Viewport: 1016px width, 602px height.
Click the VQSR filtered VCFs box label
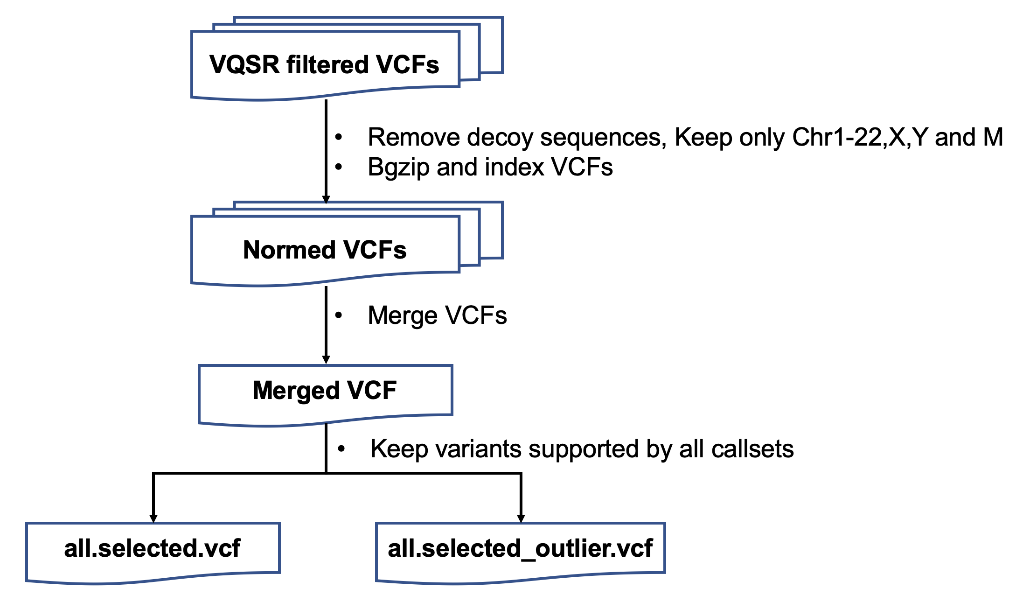click(324, 64)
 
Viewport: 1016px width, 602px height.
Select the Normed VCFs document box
click(325, 250)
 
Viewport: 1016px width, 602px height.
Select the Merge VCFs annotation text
click(437, 315)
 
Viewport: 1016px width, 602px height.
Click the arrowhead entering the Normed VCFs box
click(326, 200)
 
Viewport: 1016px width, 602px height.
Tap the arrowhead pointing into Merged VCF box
click(326, 360)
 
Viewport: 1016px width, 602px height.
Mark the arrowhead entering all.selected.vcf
click(153, 518)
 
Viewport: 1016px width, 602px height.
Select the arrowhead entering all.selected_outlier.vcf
click(521, 518)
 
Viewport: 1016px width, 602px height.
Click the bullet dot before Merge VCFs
click(339, 315)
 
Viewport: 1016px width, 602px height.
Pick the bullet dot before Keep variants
click(341, 449)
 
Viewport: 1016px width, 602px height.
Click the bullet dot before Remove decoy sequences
click(339, 137)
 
